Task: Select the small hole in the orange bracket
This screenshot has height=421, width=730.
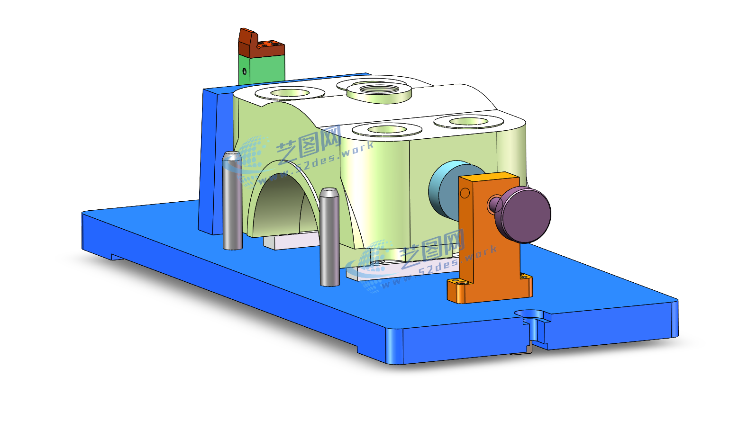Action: pos(465,193)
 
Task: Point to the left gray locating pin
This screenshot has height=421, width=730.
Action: pos(232,201)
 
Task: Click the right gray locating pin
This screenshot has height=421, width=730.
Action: pos(330,237)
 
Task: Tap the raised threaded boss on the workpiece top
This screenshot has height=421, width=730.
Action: pos(379,92)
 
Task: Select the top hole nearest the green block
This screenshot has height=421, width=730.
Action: pos(290,93)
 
